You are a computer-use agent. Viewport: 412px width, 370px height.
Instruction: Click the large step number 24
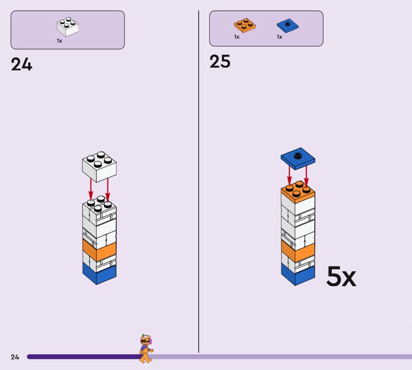pyautogui.click(x=22, y=65)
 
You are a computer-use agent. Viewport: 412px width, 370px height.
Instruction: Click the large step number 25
pyautogui.click(x=220, y=62)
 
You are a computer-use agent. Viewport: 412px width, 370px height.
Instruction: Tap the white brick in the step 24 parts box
pyautogui.click(x=67, y=27)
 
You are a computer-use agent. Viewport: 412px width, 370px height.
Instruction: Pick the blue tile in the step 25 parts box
pyautogui.click(x=288, y=25)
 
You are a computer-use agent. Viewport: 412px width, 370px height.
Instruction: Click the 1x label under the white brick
pyautogui.click(x=59, y=41)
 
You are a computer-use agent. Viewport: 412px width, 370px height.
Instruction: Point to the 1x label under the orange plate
pyautogui.click(x=237, y=37)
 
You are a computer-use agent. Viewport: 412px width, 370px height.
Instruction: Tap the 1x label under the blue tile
pyautogui.click(x=280, y=37)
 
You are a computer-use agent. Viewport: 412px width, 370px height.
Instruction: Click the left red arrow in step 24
pyautogui.click(x=91, y=188)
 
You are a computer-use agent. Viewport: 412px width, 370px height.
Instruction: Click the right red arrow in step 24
pyautogui.click(x=108, y=188)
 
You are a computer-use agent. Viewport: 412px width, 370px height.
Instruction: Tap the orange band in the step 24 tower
pyautogui.click(x=99, y=250)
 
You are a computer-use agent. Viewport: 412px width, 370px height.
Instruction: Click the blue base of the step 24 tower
pyautogui.click(x=99, y=273)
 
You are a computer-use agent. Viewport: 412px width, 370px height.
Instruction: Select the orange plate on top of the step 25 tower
pyautogui.click(x=298, y=192)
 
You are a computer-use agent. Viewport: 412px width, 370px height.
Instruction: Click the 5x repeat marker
pyautogui.click(x=341, y=277)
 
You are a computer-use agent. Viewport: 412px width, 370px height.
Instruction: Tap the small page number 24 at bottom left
pyautogui.click(x=15, y=357)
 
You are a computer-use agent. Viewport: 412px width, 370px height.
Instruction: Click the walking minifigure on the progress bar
pyautogui.click(x=146, y=349)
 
